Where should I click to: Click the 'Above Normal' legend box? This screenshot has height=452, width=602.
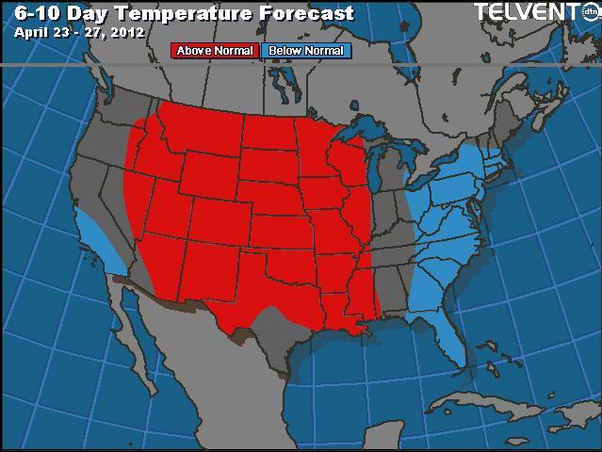pyautogui.click(x=215, y=51)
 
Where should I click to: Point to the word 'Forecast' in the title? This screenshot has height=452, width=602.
pyautogui.click(x=307, y=13)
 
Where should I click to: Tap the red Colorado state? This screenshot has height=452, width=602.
pyautogui.click(x=222, y=218)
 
